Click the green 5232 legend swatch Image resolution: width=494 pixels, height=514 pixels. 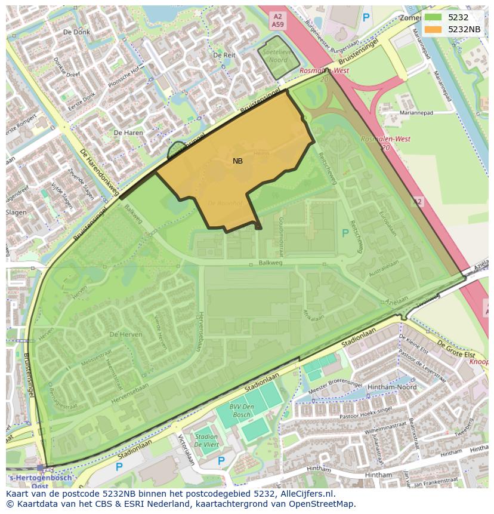433,18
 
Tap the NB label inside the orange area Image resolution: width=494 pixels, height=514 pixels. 237,161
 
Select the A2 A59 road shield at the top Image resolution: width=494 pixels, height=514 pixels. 277,21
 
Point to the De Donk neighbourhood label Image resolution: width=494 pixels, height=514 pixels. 76,32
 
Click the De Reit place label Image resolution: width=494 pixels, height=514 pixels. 224,55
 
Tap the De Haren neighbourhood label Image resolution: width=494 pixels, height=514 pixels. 128,132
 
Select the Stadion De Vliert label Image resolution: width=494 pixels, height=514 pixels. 206,441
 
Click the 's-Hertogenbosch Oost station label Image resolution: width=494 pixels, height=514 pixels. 40,481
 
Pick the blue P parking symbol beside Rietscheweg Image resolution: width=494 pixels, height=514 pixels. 345,233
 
